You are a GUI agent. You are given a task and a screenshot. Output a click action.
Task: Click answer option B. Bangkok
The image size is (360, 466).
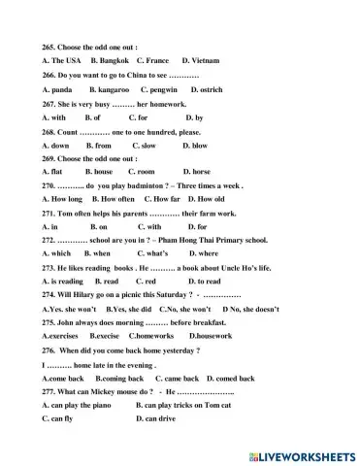point(110,60)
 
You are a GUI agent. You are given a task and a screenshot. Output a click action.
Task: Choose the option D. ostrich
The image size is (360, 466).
point(207,88)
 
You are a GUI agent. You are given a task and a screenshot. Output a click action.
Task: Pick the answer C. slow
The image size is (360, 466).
point(144,145)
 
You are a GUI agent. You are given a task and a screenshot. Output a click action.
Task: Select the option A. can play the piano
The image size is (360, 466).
point(81,405)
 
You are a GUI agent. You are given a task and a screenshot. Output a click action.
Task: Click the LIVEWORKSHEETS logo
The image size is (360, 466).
point(302,455)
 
